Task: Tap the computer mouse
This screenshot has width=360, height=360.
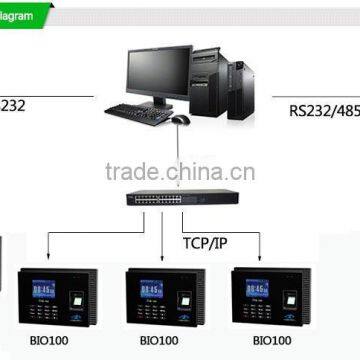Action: [180, 119]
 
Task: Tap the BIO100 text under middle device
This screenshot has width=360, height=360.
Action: [161, 341]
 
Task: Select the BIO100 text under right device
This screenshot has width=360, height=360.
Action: [271, 341]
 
